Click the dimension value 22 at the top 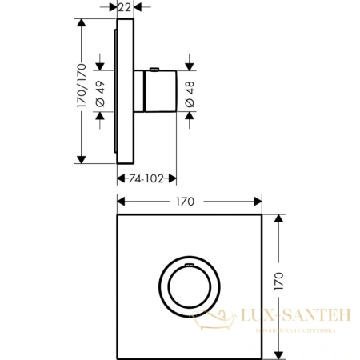click(x=125, y=7)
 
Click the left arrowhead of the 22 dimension click(x=113, y=7)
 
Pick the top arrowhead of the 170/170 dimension click(x=80, y=22)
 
